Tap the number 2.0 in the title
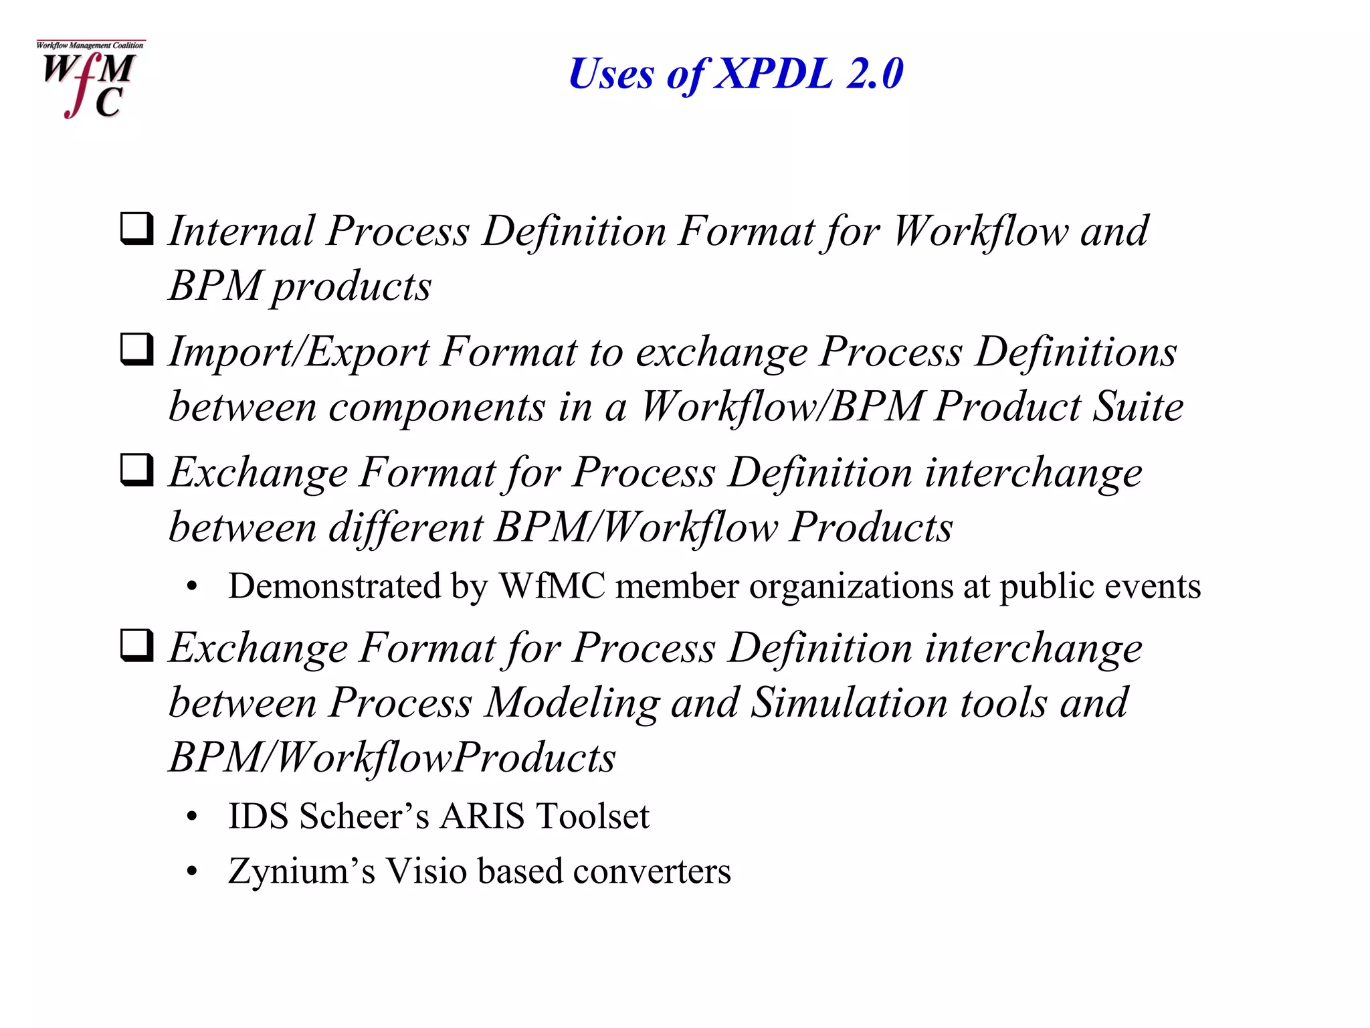click(874, 73)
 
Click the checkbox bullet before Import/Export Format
click(137, 349)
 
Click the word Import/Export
click(298, 353)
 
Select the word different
click(405, 527)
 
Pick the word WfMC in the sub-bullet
click(553, 586)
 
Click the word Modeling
click(572, 703)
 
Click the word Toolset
click(593, 816)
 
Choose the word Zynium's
click(302, 871)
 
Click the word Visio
click(426, 871)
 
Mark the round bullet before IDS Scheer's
click(193, 817)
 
